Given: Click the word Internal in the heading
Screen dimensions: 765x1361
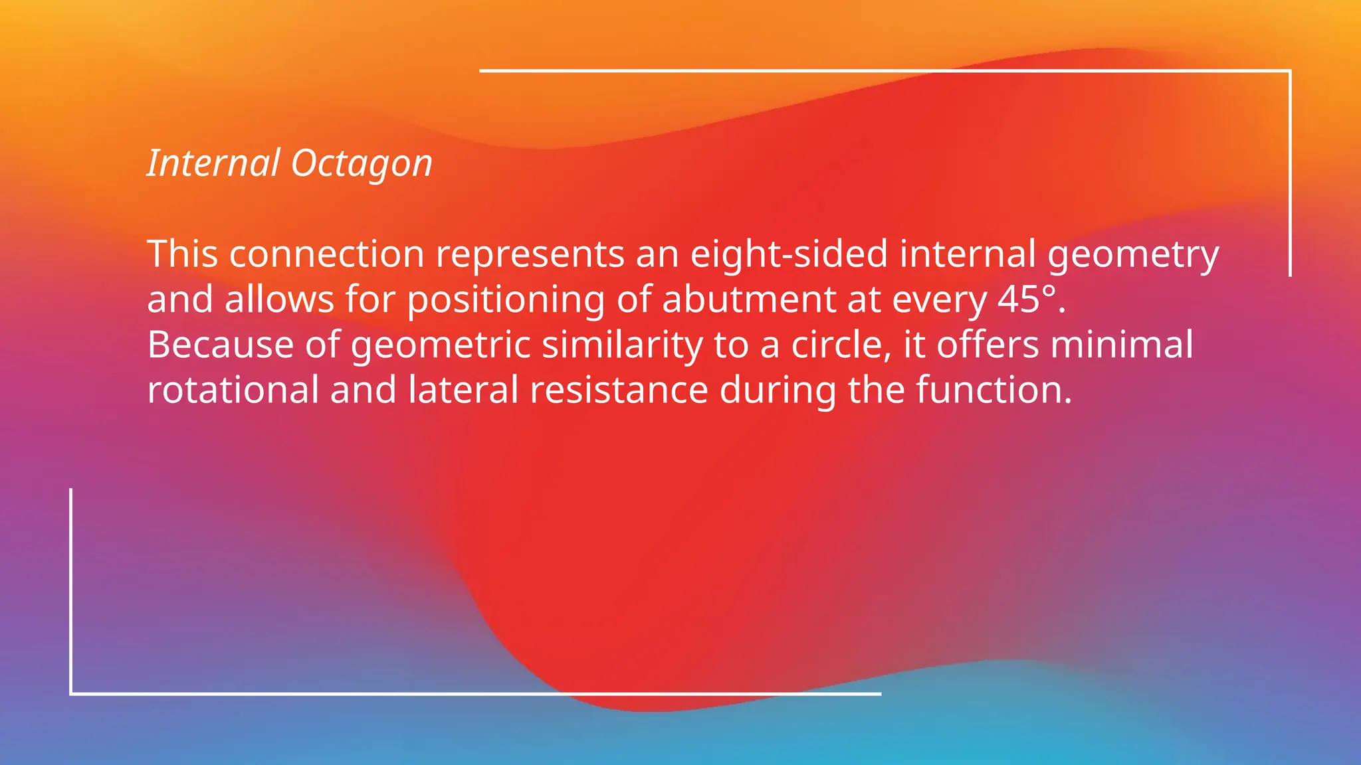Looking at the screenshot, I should [x=213, y=163].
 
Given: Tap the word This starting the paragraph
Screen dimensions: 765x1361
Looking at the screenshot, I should [x=182, y=254].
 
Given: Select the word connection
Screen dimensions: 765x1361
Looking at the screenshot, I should [x=326, y=254].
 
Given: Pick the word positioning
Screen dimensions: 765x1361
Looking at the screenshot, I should [x=505, y=301].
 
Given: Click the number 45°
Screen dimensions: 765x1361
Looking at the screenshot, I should [x=1026, y=299].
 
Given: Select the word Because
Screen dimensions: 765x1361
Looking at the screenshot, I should [x=220, y=345].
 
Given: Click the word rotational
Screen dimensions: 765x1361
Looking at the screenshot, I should [x=233, y=390].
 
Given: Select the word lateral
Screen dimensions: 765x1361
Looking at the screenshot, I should [x=463, y=390].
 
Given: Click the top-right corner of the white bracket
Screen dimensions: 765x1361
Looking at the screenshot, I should [x=1289, y=70].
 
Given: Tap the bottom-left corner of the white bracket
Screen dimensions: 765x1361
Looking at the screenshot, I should [x=71, y=693].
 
